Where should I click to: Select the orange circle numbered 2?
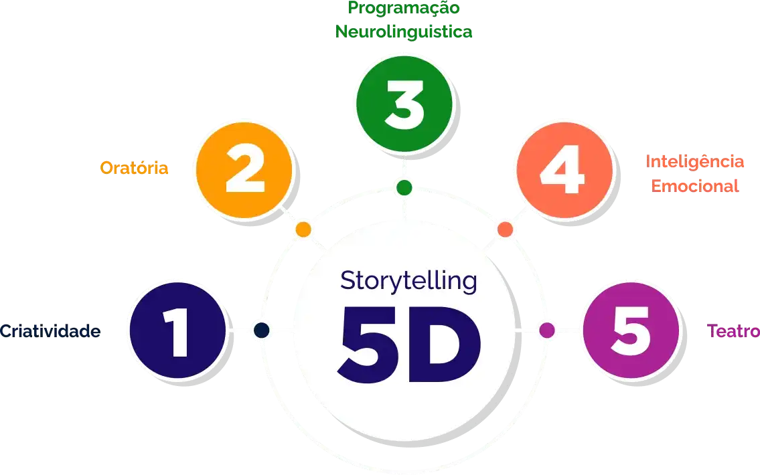[244, 170]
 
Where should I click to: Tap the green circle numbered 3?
[404, 106]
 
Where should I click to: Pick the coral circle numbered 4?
[566, 170]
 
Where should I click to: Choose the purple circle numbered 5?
[631, 330]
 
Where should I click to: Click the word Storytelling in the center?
[408, 281]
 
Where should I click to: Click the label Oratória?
[135, 168]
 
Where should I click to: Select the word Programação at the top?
[404, 9]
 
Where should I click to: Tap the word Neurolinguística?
[404, 31]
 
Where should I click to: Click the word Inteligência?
[695, 161]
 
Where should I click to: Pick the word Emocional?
[695, 185]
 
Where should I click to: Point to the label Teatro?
[733, 331]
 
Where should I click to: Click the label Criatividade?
[50, 331]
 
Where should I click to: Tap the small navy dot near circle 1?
[261, 330]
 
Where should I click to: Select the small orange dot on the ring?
[303, 229]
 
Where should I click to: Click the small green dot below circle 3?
[404, 187]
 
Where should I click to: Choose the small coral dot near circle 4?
[506, 229]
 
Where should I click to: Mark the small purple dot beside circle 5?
[547, 330]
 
